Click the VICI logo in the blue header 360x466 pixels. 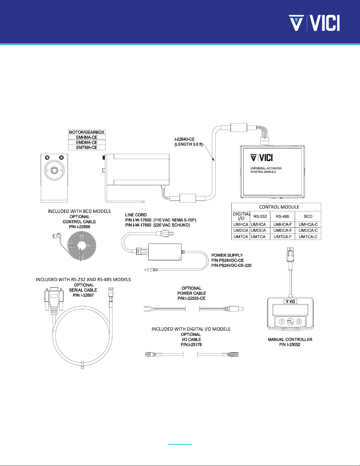[x=314, y=23]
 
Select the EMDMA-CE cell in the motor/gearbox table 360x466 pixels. [x=87, y=142]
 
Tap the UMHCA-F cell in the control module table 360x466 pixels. [x=282, y=225]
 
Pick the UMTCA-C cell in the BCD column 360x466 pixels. [x=308, y=237]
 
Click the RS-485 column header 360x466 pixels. [x=282, y=216]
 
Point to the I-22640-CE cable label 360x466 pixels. [x=185, y=139]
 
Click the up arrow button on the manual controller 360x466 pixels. [x=282, y=322]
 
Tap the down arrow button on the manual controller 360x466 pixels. [x=299, y=322]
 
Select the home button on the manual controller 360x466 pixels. [x=290, y=322]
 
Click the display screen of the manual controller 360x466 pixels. [x=290, y=310]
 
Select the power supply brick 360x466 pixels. [x=165, y=252]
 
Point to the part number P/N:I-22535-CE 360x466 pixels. [x=191, y=298]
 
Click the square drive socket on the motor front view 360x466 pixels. [x=54, y=170]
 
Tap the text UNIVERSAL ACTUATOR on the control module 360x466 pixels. [x=266, y=168]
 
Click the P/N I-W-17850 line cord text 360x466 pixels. [x=138, y=225]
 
